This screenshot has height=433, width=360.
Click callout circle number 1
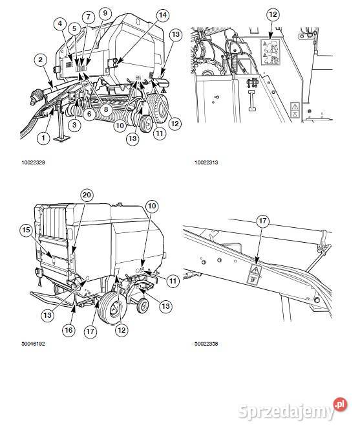point(43,137)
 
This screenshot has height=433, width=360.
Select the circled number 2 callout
point(41,60)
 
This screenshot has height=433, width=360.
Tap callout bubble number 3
point(74,125)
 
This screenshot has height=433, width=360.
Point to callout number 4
point(60,24)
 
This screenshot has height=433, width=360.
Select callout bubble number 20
point(87,195)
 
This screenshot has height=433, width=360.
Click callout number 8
point(106,109)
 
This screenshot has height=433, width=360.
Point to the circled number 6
point(89,113)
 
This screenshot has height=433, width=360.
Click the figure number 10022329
point(33,162)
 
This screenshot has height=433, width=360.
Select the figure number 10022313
point(206,162)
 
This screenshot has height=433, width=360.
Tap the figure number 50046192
point(33,344)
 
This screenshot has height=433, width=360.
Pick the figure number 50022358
point(206,344)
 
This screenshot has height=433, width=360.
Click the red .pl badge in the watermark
point(340,405)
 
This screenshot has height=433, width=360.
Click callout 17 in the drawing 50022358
point(262,221)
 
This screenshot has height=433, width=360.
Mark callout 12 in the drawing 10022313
point(273,14)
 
